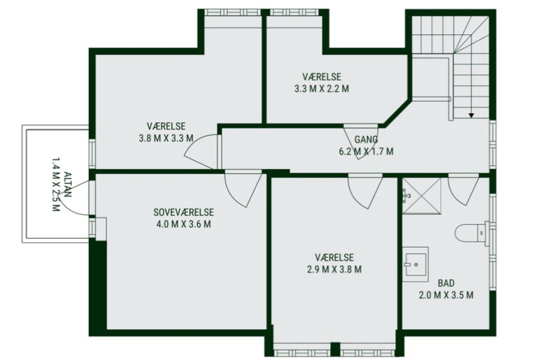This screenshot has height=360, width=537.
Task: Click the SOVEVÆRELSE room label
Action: pyautogui.click(x=184, y=212)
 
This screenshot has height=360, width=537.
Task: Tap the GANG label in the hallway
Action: pyautogui.click(x=366, y=139)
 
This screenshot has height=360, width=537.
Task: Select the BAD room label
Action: pyautogui.click(x=446, y=283)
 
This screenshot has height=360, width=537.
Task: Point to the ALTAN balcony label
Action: pyautogui.click(x=68, y=184)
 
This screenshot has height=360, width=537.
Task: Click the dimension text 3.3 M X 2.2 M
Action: pyautogui.click(x=321, y=89)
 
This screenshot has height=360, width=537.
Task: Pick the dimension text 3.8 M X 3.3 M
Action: pyautogui.click(x=166, y=138)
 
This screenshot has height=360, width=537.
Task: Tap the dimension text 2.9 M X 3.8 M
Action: pyautogui.click(x=334, y=269)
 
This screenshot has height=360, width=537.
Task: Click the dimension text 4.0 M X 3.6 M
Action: pyautogui.click(x=184, y=224)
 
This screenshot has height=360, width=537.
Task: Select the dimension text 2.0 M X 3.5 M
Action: pyautogui.click(x=446, y=295)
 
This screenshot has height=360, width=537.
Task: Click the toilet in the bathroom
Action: pyautogui.click(x=472, y=233)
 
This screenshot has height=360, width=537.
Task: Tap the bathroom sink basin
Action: pyautogui.click(x=416, y=265)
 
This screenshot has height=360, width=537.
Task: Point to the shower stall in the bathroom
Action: pyautogui.click(x=421, y=196)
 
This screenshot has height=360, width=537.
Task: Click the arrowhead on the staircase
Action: pyautogui.click(x=471, y=116)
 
